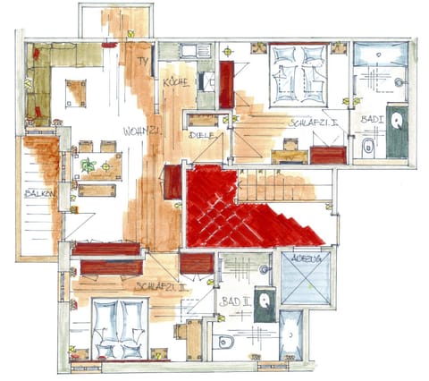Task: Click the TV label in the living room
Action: (142, 61)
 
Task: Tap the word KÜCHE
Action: (175, 82)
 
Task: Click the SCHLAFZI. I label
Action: (313, 123)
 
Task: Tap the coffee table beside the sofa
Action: (76, 91)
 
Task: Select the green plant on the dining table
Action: (88, 165)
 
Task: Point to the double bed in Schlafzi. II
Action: (118, 325)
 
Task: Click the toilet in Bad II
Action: (225, 341)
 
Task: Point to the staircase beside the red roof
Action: (277, 187)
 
